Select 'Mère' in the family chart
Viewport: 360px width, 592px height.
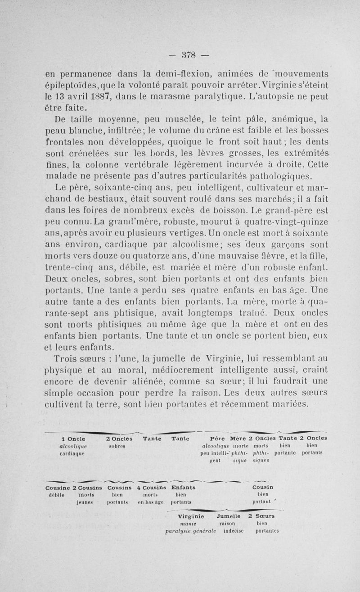(238, 438)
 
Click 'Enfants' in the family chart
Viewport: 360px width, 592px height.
(184, 488)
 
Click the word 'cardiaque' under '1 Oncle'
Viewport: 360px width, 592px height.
(71, 453)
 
